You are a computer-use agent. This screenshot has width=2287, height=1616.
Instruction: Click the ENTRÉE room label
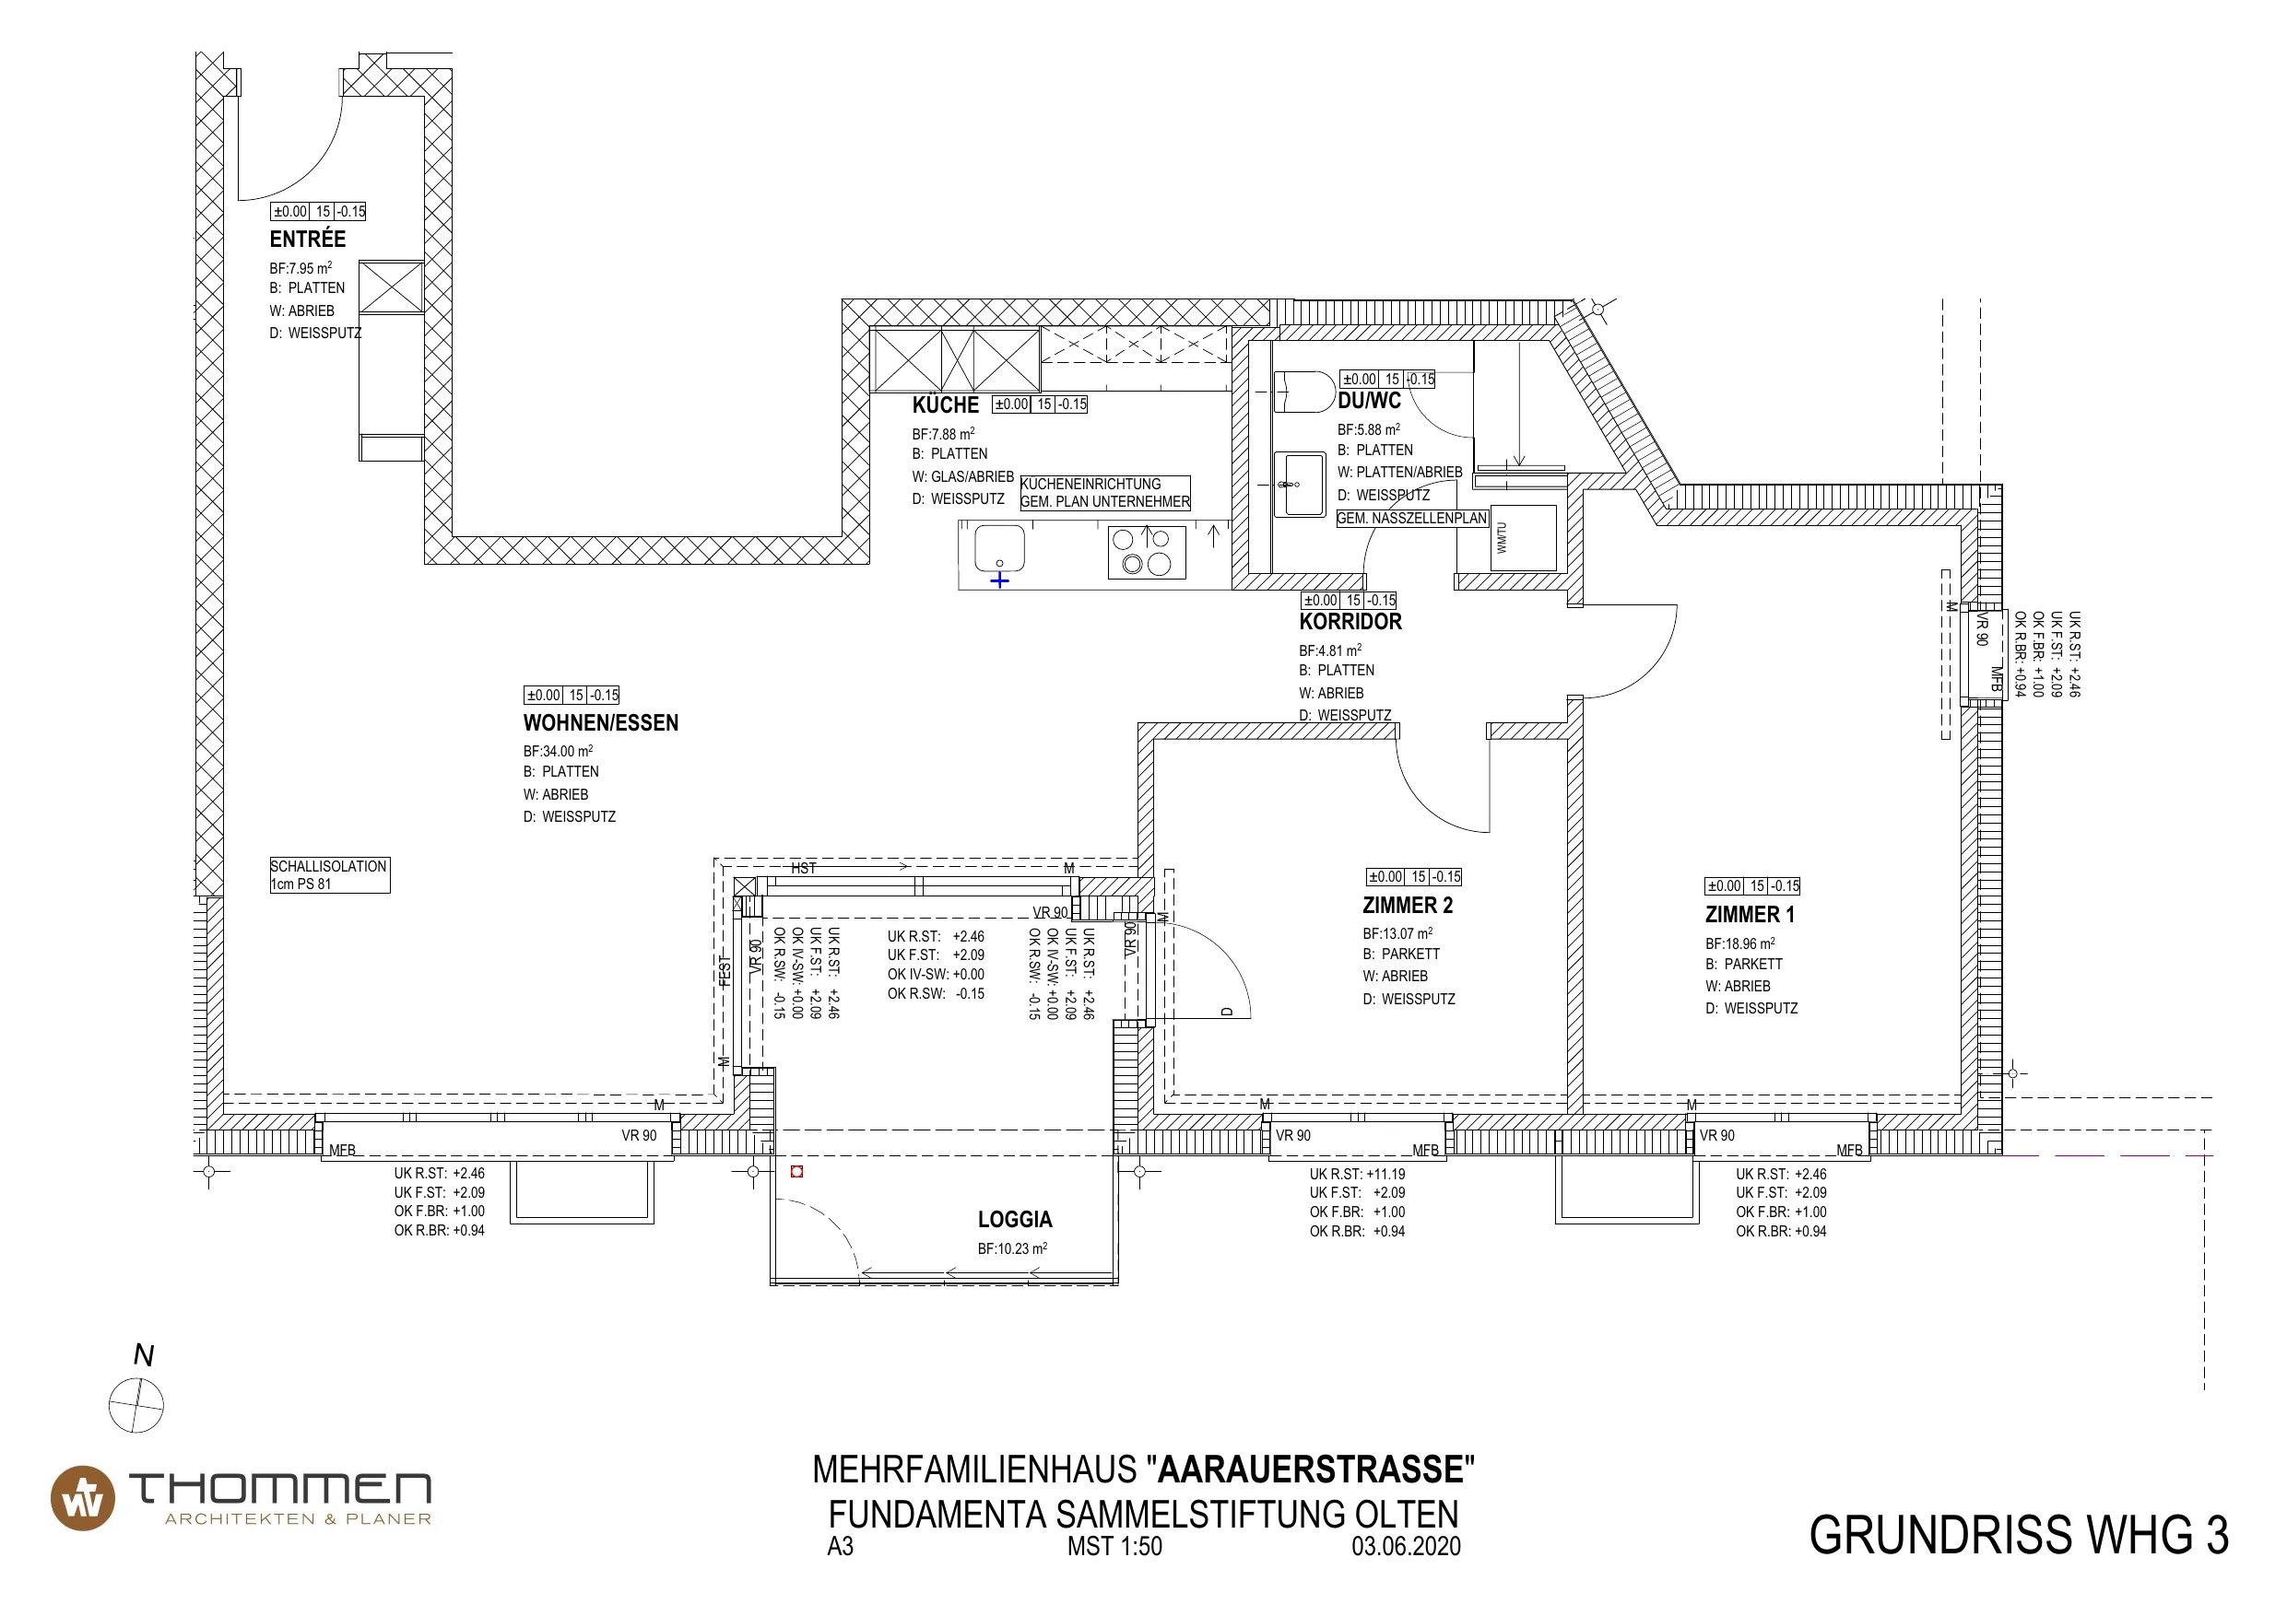coord(308,239)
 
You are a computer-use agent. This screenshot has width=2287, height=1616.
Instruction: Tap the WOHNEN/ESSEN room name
coord(601,723)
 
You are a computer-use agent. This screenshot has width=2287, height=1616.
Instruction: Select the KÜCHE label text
coord(945,404)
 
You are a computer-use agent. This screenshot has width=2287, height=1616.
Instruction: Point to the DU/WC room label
coord(1369,400)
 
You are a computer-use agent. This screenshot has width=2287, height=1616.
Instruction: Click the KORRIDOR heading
coord(1350,621)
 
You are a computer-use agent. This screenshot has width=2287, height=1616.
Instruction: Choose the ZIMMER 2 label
coord(1408,905)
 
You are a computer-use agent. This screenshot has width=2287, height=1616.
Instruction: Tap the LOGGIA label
coord(1015,1220)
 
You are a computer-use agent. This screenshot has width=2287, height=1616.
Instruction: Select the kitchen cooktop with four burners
coord(1147,552)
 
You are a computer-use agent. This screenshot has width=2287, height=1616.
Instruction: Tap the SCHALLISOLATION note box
coord(330,875)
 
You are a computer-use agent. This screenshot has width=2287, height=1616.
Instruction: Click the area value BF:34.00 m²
coord(558,751)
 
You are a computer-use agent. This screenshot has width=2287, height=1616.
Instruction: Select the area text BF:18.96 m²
coord(1739,943)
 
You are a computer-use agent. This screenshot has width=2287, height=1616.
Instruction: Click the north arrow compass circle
coord(136,1406)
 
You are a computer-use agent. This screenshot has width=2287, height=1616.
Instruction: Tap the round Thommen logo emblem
coord(83,1497)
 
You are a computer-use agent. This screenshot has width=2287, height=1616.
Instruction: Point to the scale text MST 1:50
coord(1114,1546)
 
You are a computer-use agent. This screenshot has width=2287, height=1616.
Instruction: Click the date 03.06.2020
coord(1406,1546)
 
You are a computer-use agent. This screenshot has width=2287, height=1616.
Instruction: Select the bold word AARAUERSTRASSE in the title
coord(1311,1470)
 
